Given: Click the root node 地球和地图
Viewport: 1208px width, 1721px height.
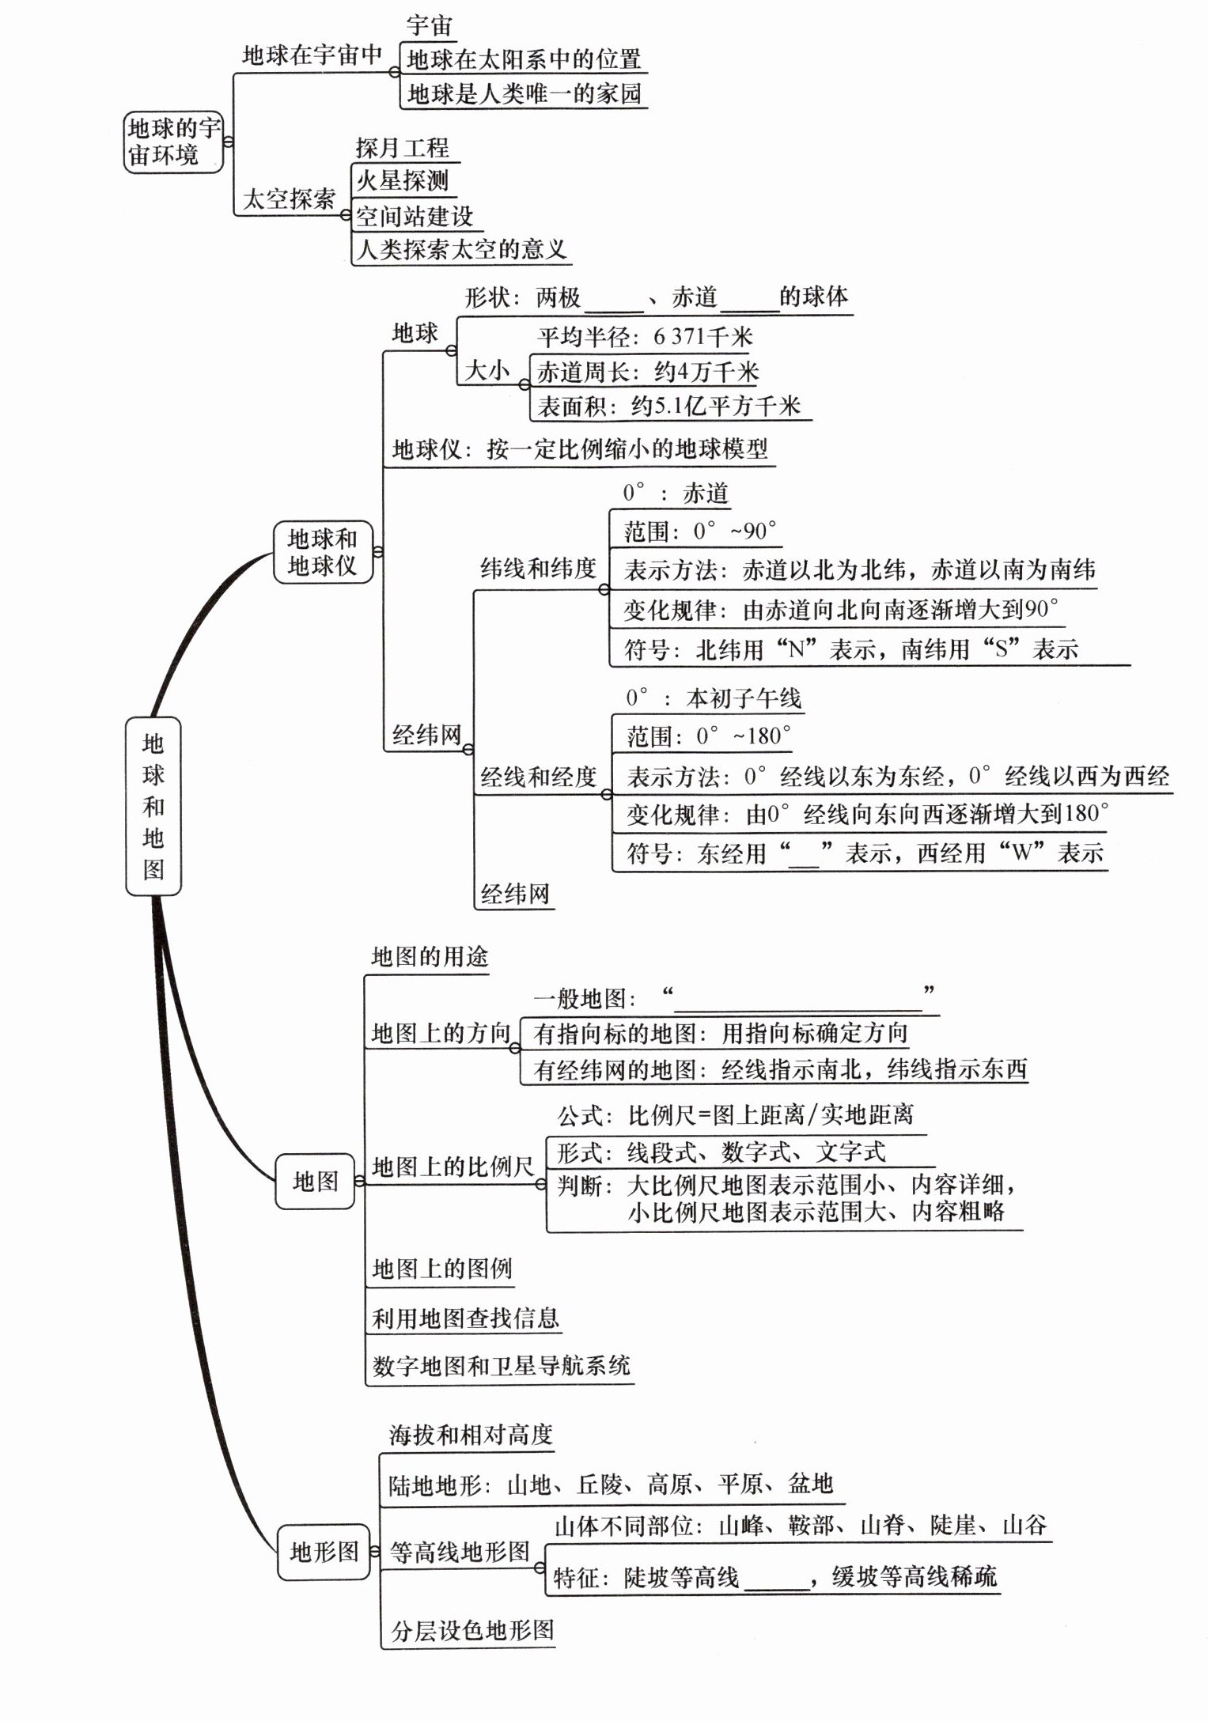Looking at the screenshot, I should [x=153, y=806].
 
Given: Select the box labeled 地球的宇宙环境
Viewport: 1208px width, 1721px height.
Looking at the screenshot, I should [x=174, y=142].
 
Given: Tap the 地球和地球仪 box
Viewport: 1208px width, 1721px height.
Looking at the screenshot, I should [x=323, y=552].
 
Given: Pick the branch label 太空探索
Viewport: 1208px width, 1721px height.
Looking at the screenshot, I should [x=289, y=199].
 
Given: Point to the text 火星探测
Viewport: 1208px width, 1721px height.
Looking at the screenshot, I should [x=402, y=181].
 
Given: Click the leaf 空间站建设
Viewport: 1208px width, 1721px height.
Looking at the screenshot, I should [x=414, y=216].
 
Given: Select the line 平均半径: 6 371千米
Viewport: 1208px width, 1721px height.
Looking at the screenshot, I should [x=645, y=338].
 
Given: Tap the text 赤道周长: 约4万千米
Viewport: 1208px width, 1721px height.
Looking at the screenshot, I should [x=648, y=372].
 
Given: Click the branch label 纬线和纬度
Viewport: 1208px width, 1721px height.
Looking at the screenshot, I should [x=538, y=569].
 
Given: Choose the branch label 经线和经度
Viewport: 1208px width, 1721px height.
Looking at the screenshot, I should [x=538, y=777].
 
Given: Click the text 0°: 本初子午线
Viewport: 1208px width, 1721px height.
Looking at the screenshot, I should [x=713, y=698].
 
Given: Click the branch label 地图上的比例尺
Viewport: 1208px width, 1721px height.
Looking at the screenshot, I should [x=453, y=1167].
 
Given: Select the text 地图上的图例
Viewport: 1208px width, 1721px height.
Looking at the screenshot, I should [x=442, y=1269].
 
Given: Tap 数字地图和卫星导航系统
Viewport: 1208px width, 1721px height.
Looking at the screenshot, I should [x=502, y=1365].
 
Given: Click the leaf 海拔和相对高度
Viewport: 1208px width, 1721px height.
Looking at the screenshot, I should [x=471, y=1435].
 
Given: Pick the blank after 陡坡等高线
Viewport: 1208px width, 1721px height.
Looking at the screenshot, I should [x=777, y=1579].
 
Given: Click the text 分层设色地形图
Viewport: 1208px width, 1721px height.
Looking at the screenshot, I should [x=472, y=1630].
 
